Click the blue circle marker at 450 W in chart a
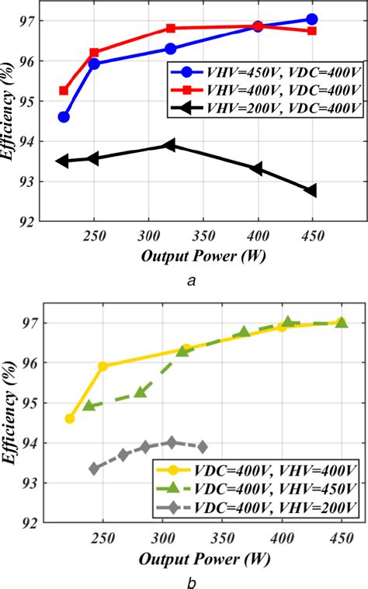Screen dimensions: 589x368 312,19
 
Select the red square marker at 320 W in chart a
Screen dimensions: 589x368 171,28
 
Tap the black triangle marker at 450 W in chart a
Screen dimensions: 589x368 311,190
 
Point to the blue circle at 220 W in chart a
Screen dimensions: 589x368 64,116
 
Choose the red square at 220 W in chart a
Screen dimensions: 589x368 64,91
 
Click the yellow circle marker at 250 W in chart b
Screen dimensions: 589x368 103,366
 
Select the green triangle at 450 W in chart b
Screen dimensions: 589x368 341,322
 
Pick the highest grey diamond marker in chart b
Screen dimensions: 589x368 172,442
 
